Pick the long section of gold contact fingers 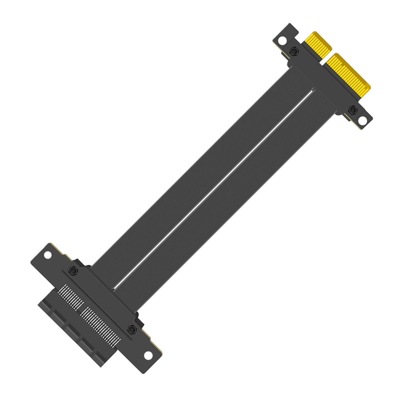click(x=348, y=75)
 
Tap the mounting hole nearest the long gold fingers click(x=363, y=120)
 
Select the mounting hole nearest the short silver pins click(x=48, y=255)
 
